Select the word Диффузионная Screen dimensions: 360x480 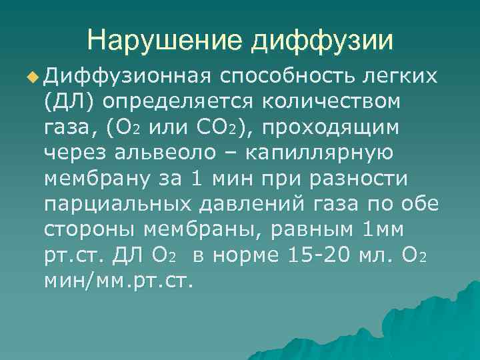(128, 77)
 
